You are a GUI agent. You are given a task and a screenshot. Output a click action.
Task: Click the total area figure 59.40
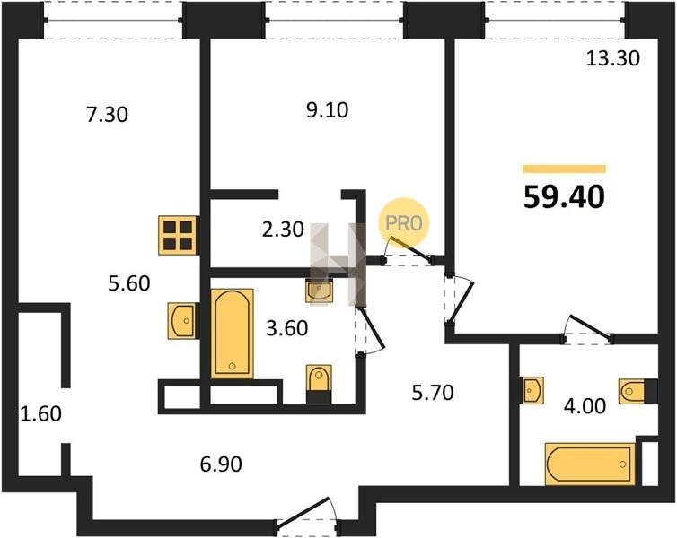pos(564,197)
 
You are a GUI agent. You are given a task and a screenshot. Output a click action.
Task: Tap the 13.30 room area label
pos(612,58)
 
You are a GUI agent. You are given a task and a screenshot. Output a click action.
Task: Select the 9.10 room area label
pos(327,110)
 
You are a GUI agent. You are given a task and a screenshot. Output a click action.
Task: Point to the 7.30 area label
pos(107,115)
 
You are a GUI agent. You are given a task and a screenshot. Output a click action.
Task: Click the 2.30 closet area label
pos(283,230)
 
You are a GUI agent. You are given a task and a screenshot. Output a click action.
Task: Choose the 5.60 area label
pos(129,283)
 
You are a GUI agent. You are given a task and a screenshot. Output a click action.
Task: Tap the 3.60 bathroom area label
pos(287,328)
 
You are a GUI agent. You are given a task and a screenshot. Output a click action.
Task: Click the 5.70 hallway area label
pos(432,393)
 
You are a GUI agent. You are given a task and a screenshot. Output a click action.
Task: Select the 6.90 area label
pos(221,464)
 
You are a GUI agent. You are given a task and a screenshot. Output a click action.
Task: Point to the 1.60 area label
pos(41,414)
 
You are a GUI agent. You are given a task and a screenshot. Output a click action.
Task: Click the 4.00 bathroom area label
pos(585,406)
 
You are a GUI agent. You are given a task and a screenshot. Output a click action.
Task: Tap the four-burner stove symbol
pos(179,235)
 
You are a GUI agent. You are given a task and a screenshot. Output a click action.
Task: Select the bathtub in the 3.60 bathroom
pos(233,334)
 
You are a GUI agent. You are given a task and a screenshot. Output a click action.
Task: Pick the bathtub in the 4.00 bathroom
pos(590,464)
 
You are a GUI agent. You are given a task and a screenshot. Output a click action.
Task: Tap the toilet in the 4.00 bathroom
pos(637,392)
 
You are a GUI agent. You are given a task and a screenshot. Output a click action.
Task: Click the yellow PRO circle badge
pos(403,223)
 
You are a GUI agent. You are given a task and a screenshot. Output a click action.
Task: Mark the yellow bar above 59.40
pos(564,169)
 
